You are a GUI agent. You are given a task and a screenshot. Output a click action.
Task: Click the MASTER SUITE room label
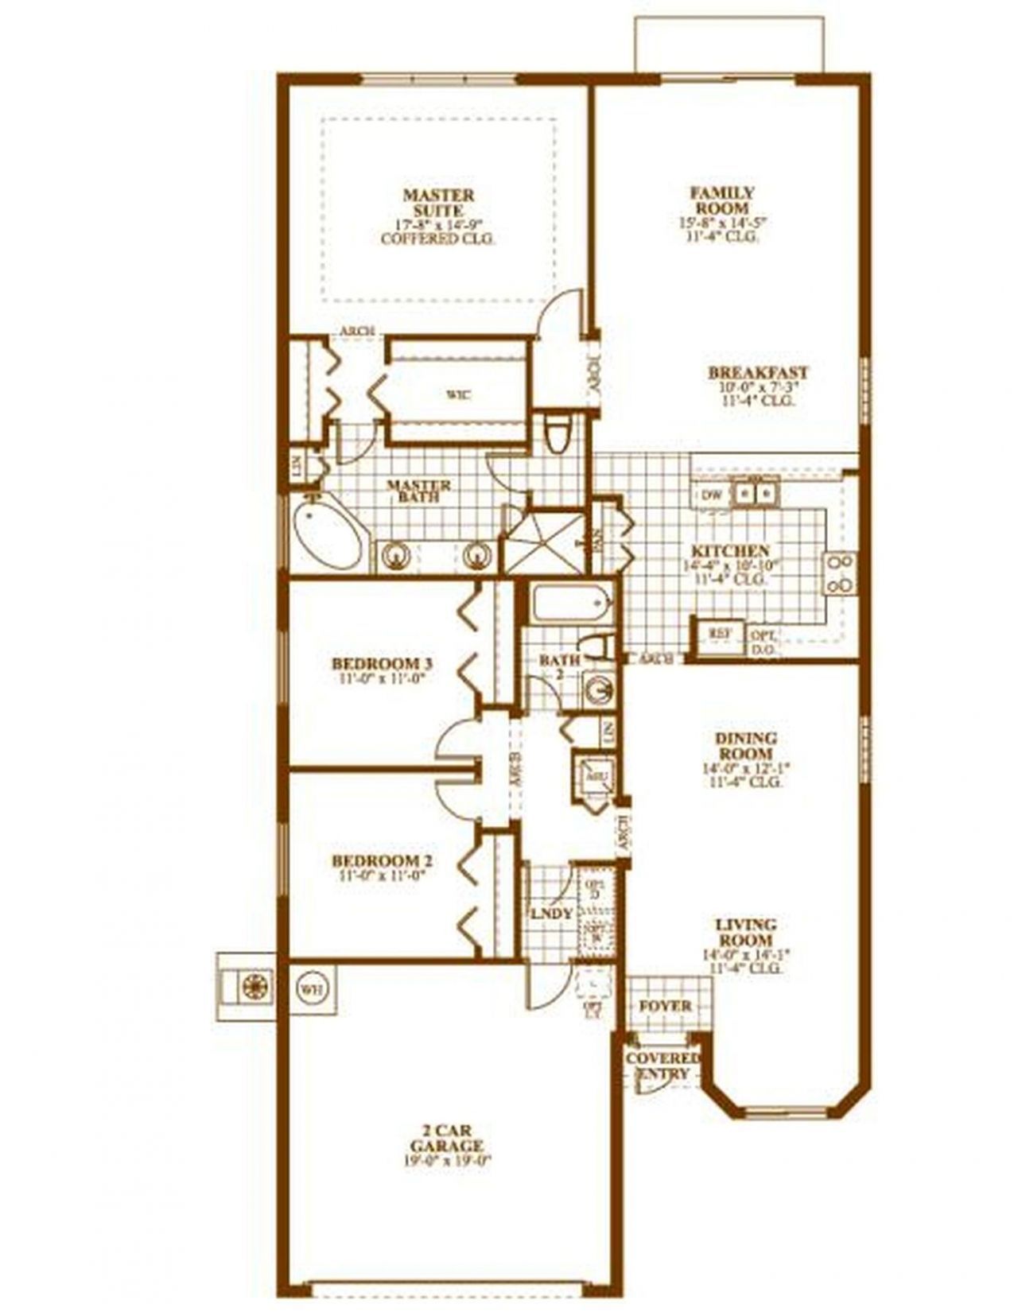coord(438,203)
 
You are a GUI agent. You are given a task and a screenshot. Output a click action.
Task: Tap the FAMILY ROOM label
coord(722,200)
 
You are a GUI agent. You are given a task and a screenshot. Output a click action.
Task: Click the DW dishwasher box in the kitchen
coord(712,495)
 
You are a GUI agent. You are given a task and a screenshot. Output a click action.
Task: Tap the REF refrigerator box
coord(720,633)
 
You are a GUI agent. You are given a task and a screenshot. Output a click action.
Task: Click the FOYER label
coord(665,1006)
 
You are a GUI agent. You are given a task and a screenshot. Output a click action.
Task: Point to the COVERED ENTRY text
coord(662,1066)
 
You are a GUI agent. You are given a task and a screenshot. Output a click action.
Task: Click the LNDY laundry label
coord(551,914)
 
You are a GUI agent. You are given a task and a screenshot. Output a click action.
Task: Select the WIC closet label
coord(457,394)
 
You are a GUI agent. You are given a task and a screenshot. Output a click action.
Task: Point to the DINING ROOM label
coord(746,746)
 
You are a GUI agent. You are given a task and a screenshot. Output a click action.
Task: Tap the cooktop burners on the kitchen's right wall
coord(841,573)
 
